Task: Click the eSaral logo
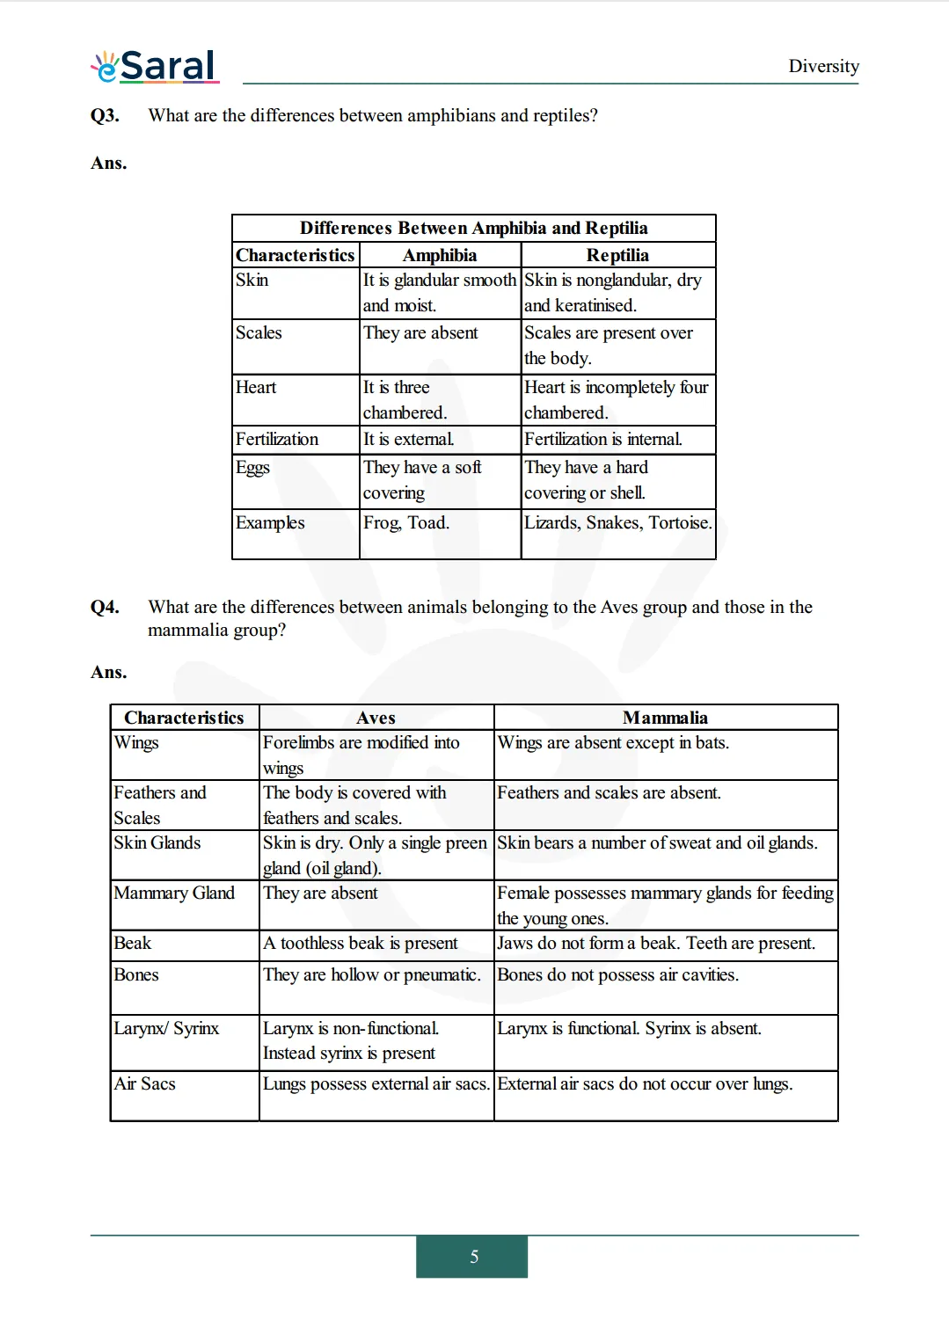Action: (x=155, y=66)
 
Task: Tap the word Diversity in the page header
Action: (x=823, y=66)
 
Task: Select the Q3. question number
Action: (x=105, y=115)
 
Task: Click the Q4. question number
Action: (x=105, y=607)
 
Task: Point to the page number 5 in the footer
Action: (x=474, y=1257)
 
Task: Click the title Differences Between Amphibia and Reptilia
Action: (x=473, y=228)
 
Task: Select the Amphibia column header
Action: (x=440, y=255)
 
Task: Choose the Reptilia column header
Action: (x=617, y=255)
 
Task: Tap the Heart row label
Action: (x=256, y=387)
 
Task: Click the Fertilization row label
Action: (x=277, y=439)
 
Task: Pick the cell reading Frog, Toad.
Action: (x=406, y=522)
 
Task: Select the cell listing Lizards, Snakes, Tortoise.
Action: (x=617, y=522)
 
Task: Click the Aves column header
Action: (x=376, y=718)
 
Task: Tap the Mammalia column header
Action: (x=665, y=718)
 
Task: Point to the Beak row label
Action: (x=133, y=943)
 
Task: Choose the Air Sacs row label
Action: (x=145, y=1083)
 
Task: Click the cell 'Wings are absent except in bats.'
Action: (x=613, y=742)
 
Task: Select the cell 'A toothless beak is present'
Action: (x=361, y=943)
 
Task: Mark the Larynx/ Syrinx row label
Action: (x=166, y=1028)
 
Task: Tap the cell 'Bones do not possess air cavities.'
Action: (x=617, y=974)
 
